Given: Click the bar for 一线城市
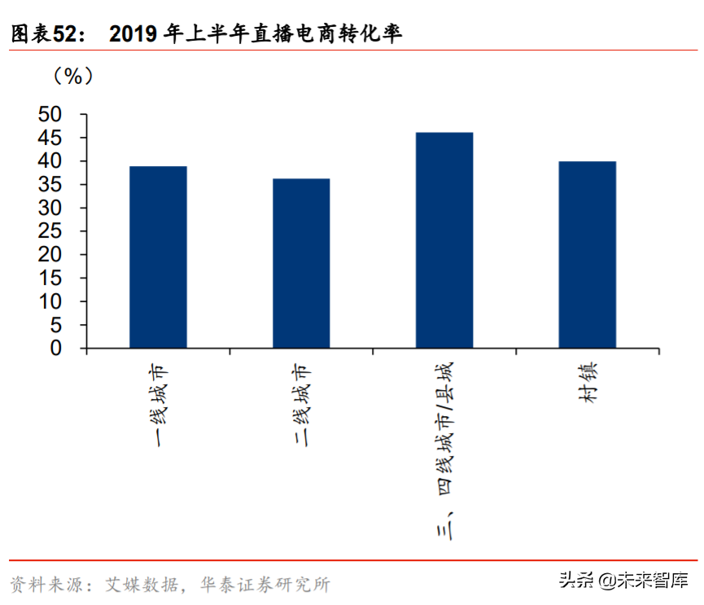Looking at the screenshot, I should coord(158,256).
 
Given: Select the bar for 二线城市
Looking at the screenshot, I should coord(301,263).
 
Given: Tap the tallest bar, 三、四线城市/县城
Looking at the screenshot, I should coord(444,240).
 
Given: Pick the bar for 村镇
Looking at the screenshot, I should coord(587,254).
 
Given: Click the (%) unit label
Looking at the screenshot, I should coord(73,77).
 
